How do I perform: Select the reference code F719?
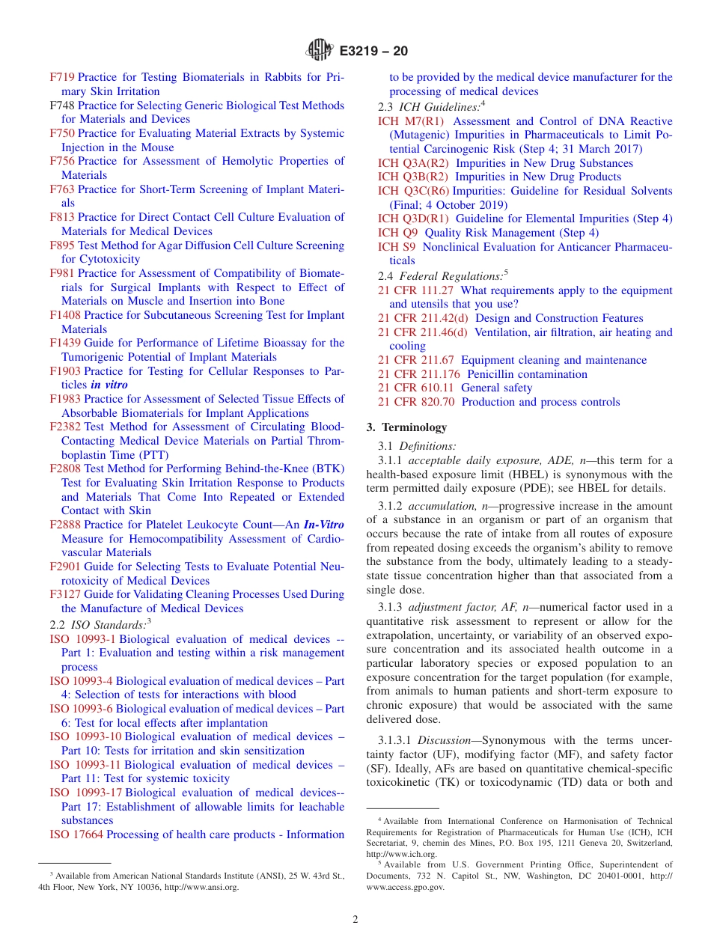pos(62,77)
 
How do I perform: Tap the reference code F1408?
pos(65,315)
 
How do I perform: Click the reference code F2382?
pos(65,427)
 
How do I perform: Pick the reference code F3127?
pos(65,594)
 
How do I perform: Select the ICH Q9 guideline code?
pos(397,233)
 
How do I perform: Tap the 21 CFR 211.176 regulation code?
pos(419,374)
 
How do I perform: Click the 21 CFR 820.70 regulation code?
pos(416,402)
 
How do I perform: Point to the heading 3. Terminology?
pos(406,427)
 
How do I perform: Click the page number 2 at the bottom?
pos(355,920)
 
